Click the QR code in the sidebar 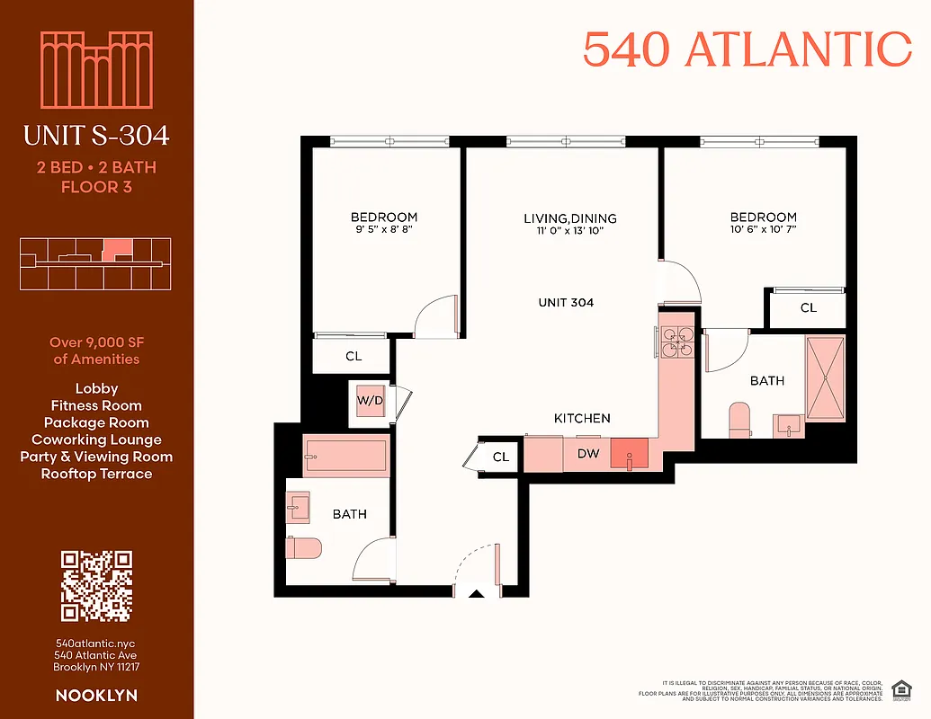96,586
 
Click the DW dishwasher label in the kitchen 587,454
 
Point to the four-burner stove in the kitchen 676,342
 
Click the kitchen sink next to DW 629,454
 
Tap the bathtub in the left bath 346,456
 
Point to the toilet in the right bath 740,419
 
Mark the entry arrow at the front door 477,592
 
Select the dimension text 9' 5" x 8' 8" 383,229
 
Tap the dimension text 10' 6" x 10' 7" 763,229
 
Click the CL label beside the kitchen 501,457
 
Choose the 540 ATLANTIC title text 747,49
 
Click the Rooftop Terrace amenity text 96,474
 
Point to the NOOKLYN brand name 96,695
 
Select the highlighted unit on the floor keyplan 117,249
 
